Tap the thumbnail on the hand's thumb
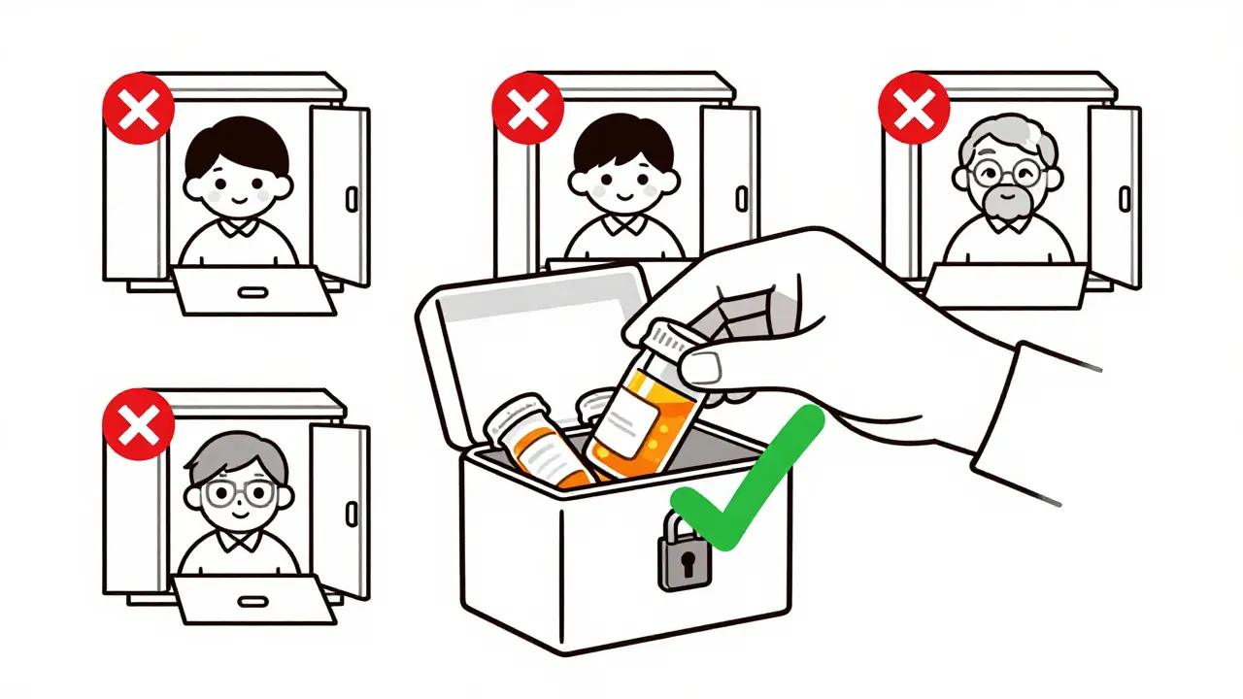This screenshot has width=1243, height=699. [x=703, y=367]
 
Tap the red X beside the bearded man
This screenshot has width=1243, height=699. [x=914, y=107]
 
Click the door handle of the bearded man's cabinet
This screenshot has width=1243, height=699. [x=1125, y=198]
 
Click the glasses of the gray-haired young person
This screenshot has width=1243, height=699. [x=238, y=493]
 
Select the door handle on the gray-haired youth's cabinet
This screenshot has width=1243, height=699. [x=352, y=514]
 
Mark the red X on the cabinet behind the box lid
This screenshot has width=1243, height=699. [x=528, y=107]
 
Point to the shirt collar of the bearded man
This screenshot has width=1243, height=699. [x=997, y=226]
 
